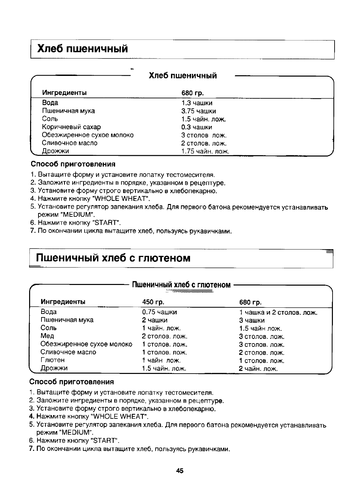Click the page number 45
click(x=180, y=471)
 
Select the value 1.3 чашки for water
click(x=197, y=103)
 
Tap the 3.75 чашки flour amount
click(x=198, y=111)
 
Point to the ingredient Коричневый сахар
click(x=71, y=127)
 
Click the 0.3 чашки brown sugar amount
click(x=196, y=127)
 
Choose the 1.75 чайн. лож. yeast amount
click(x=205, y=152)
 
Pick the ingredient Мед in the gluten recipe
click(x=47, y=336)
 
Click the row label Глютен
click(x=53, y=360)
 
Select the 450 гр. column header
click(x=153, y=302)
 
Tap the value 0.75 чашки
click(x=159, y=312)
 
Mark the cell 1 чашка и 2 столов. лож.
click(x=278, y=313)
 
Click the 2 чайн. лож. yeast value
click(x=258, y=369)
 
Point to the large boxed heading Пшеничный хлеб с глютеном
click(x=113, y=258)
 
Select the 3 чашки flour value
click(x=252, y=320)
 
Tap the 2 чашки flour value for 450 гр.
click(x=155, y=320)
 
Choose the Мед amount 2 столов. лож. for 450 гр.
click(x=165, y=336)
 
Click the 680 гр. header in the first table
click(x=192, y=93)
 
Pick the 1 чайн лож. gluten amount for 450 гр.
click(x=161, y=360)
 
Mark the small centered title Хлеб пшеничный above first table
click(x=183, y=76)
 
